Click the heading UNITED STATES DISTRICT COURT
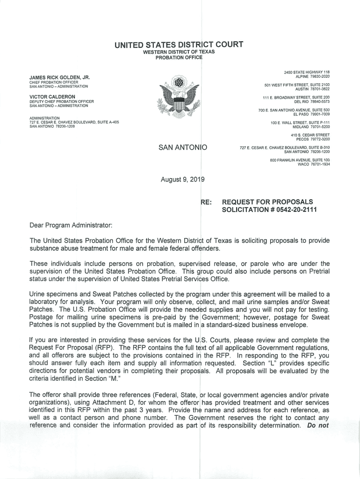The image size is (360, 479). point(179,45)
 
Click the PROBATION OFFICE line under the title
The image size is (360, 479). point(179,58)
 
